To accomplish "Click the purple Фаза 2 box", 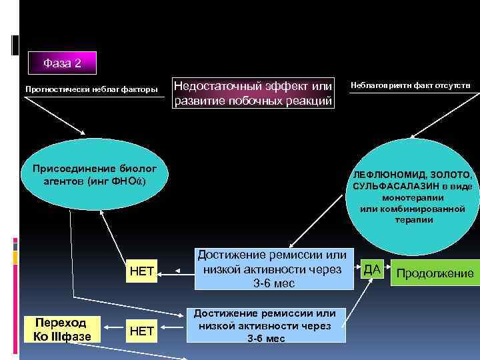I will tap(62, 63).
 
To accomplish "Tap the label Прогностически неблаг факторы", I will tap(91, 89).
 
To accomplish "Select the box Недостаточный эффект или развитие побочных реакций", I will tap(253, 93).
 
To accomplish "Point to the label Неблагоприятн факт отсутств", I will tap(411, 85).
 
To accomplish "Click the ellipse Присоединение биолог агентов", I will tap(93, 175).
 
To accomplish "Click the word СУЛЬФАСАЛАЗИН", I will tap(391, 187).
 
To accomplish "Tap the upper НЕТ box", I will tap(142, 271).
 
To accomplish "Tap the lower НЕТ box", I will tap(142, 329).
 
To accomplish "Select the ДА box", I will tap(372, 269).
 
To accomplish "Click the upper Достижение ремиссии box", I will tap(272, 269).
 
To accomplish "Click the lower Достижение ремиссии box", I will tap(266, 326).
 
